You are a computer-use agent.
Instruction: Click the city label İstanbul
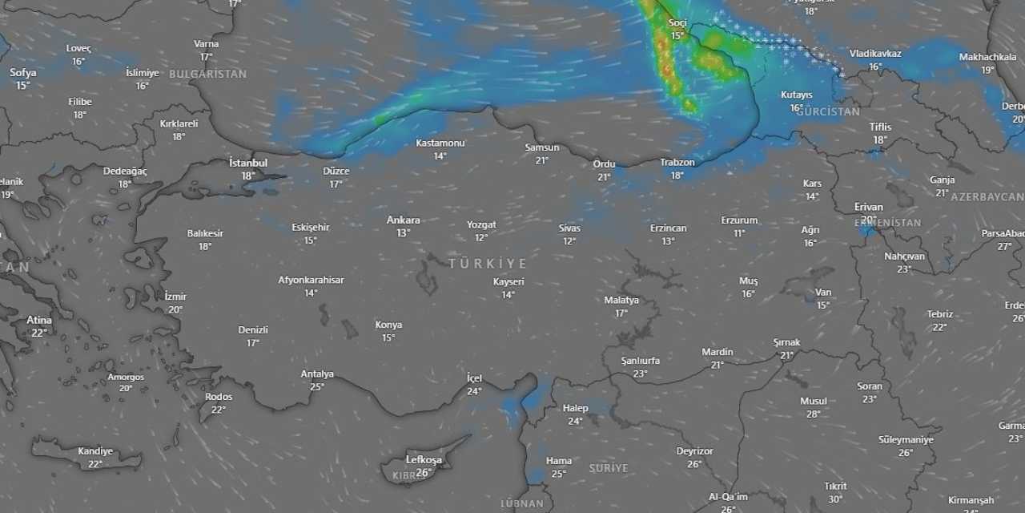(x=248, y=163)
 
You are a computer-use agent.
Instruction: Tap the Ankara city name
(x=403, y=220)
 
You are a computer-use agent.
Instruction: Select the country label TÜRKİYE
(x=488, y=264)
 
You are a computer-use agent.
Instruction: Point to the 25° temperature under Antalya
(x=317, y=387)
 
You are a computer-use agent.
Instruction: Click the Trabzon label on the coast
(x=677, y=162)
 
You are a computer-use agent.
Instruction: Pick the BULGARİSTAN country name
(x=208, y=74)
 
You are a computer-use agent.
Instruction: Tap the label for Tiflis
(x=880, y=127)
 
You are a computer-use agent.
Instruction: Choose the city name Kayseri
(x=508, y=282)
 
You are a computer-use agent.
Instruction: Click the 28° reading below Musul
(x=814, y=414)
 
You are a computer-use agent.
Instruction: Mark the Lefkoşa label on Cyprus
(x=424, y=459)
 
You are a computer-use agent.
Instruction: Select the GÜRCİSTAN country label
(x=828, y=112)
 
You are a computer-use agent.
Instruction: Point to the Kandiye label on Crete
(x=95, y=451)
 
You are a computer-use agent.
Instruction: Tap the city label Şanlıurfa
(x=641, y=361)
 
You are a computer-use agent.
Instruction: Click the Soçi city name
(x=677, y=22)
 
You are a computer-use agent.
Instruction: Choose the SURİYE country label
(x=609, y=468)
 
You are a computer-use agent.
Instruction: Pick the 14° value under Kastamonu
(x=440, y=156)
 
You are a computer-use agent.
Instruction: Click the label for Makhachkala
(x=987, y=57)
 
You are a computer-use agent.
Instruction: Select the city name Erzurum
(x=739, y=220)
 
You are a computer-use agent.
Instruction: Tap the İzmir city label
(x=175, y=297)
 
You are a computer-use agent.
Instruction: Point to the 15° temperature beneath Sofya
(x=23, y=86)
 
